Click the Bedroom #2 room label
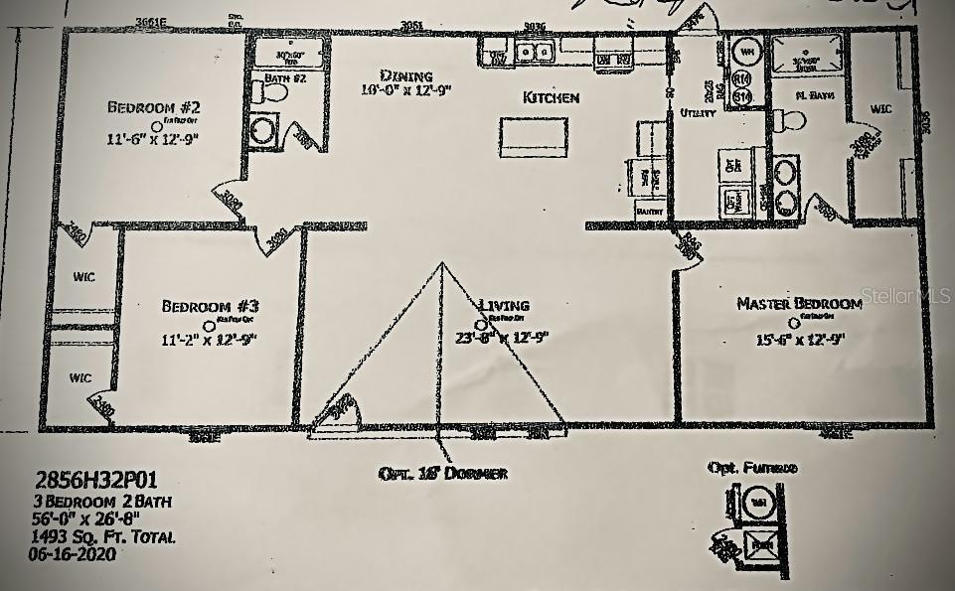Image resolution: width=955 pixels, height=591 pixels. (x=155, y=107)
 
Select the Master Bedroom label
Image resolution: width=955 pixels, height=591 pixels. (x=799, y=303)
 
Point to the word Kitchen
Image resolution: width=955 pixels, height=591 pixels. (x=551, y=98)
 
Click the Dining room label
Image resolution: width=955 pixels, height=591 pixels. (x=405, y=76)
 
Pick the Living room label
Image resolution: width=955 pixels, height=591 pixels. (x=504, y=305)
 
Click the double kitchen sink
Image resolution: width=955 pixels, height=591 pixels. (x=534, y=53)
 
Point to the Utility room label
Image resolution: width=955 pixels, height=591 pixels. (x=698, y=114)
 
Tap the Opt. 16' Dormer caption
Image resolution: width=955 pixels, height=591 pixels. (x=442, y=474)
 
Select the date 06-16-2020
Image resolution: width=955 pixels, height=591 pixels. (x=75, y=554)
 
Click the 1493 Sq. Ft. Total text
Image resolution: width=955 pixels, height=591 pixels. (x=103, y=537)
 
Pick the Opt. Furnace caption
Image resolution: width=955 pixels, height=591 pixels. (x=751, y=468)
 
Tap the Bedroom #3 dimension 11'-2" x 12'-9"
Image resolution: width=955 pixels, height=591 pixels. (x=209, y=339)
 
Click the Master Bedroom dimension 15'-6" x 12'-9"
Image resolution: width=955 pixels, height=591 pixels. (x=799, y=339)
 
